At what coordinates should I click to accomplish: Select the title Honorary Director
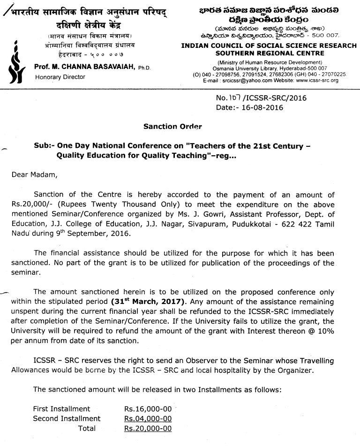coord(60,76)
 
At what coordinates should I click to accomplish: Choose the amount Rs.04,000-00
coord(148,418)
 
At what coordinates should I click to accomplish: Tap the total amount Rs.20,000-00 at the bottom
coord(148,428)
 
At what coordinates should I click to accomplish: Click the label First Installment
coord(61,409)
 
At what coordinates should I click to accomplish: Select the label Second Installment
coord(67,418)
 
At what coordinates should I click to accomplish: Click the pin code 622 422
coord(296,224)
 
